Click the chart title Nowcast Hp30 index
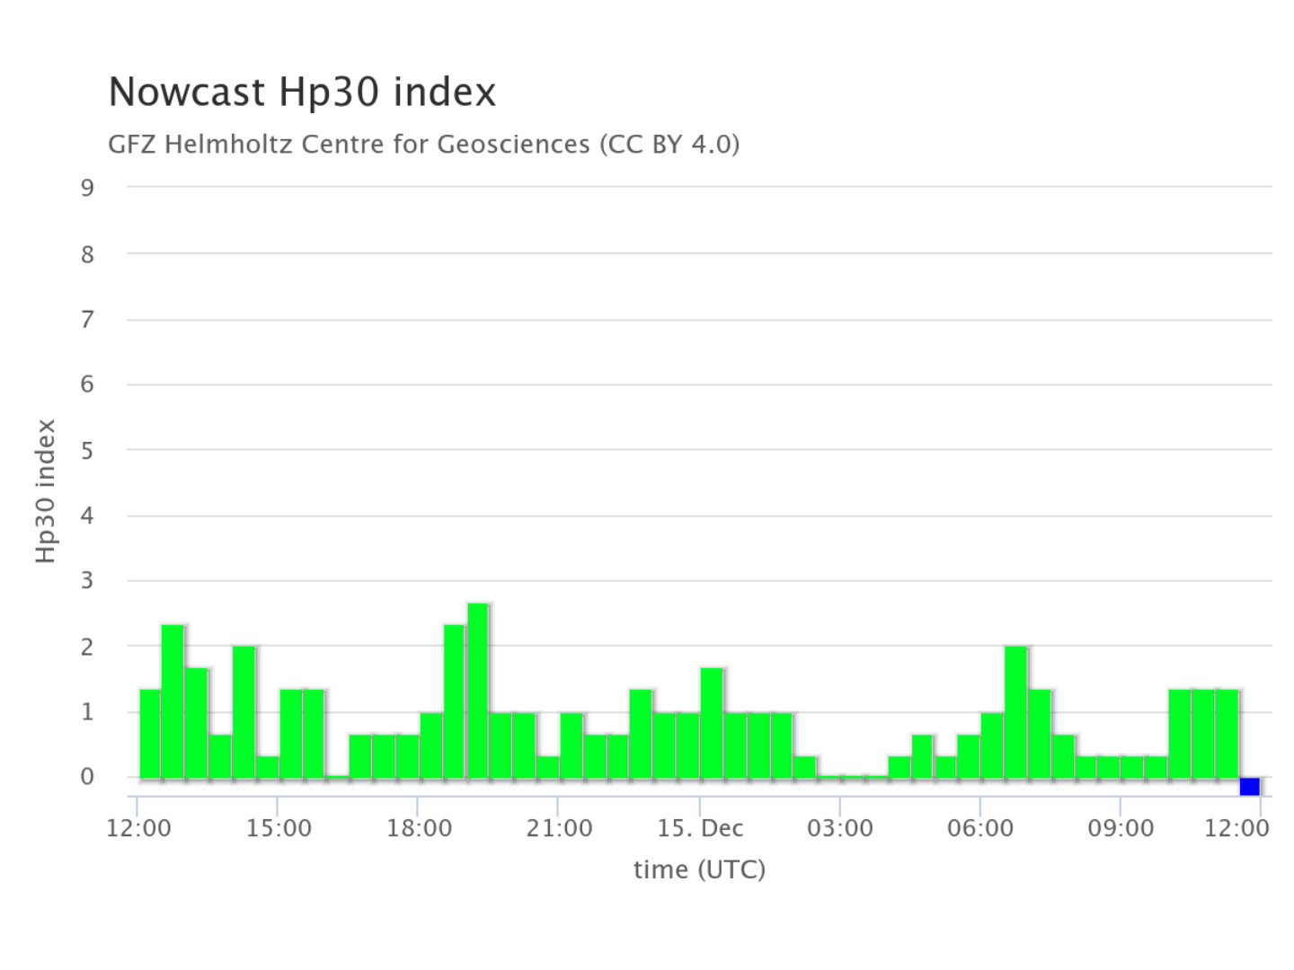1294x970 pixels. [x=302, y=93]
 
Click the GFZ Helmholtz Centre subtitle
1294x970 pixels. [x=423, y=144]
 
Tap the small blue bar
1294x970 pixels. [x=1249, y=787]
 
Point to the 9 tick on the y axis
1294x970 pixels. [x=87, y=188]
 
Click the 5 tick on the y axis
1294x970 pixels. [x=87, y=450]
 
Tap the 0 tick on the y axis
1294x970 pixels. [x=87, y=777]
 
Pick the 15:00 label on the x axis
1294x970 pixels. [x=279, y=828]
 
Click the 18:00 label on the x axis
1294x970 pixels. [x=419, y=828]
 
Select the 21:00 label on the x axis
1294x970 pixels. [x=560, y=828]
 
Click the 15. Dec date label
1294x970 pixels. [x=700, y=828]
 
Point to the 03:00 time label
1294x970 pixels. [x=840, y=828]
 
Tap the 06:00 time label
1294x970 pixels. [x=980, y=828]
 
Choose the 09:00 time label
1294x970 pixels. [x=1121, y=828]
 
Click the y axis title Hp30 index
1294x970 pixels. [x=47, y=491]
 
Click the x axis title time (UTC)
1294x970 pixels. [x=699, y=869]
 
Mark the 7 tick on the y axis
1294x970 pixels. [x=87, y=319]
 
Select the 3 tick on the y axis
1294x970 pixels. [x=87, y=581]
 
